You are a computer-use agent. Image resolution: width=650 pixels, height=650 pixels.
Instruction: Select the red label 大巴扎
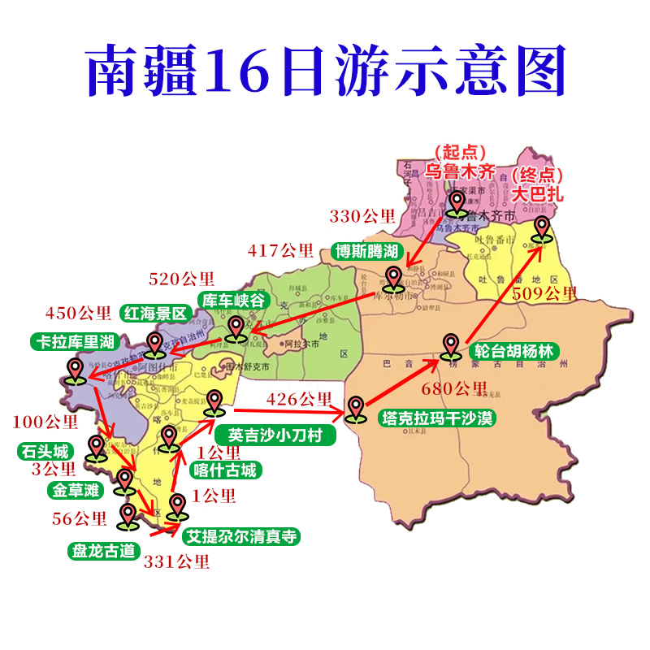[536, 194]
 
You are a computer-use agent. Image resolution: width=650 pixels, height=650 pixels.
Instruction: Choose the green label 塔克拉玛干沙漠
[438, 418]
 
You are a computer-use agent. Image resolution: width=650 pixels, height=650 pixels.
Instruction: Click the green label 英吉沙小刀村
[280, 435]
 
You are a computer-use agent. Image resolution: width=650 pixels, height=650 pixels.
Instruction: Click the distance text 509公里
[544, 293]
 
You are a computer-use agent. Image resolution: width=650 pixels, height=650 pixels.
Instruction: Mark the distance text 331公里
[176, 561]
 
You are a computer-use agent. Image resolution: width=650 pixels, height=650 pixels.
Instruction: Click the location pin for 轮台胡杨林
[452, 345]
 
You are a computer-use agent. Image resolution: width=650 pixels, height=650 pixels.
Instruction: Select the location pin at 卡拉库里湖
[75, 370]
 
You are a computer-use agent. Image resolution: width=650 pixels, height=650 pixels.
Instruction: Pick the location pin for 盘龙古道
[128, 515]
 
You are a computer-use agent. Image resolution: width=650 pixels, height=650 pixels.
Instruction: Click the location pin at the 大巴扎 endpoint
[540, 230]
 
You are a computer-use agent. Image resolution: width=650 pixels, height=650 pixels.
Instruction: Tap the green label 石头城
[45, 451]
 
